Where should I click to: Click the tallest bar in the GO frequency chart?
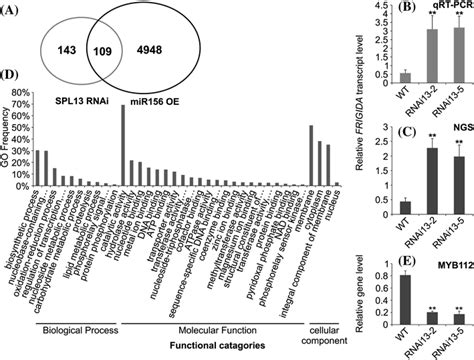pyautogui.click(x=122, y=146)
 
